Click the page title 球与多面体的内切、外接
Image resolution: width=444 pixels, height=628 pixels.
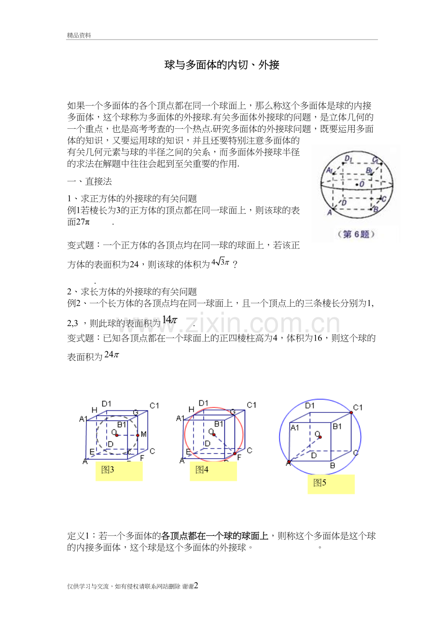(x=222, y=65)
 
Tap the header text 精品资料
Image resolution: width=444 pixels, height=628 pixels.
(x=79, y=35)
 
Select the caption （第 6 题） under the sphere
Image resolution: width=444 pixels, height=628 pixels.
(x=356, y=234)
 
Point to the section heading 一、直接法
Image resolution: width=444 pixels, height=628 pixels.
(x=89, y=181)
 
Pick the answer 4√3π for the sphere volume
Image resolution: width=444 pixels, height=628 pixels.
(x=221, y=262)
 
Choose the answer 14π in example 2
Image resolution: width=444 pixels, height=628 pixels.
(x=170, y=320)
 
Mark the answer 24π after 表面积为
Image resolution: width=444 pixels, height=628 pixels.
(x=111, y=355)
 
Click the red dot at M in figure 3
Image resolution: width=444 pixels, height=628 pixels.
(x=138, y=436)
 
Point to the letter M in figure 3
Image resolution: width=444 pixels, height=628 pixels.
(x=144, y=434)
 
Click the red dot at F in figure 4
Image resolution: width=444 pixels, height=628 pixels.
(x=235, y=453)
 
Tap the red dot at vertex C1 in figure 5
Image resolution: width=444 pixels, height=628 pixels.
(x=351, y=413)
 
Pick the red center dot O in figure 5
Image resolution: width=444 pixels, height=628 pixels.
(x=320, y=437)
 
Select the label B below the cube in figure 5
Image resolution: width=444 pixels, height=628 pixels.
(x=333, y=465)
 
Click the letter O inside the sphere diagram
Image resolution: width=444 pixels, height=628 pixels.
(x=362, y=184)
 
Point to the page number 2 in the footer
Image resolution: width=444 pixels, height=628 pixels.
(x=196, y=585)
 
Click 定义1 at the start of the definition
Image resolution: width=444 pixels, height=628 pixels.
(x=78, y=536)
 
